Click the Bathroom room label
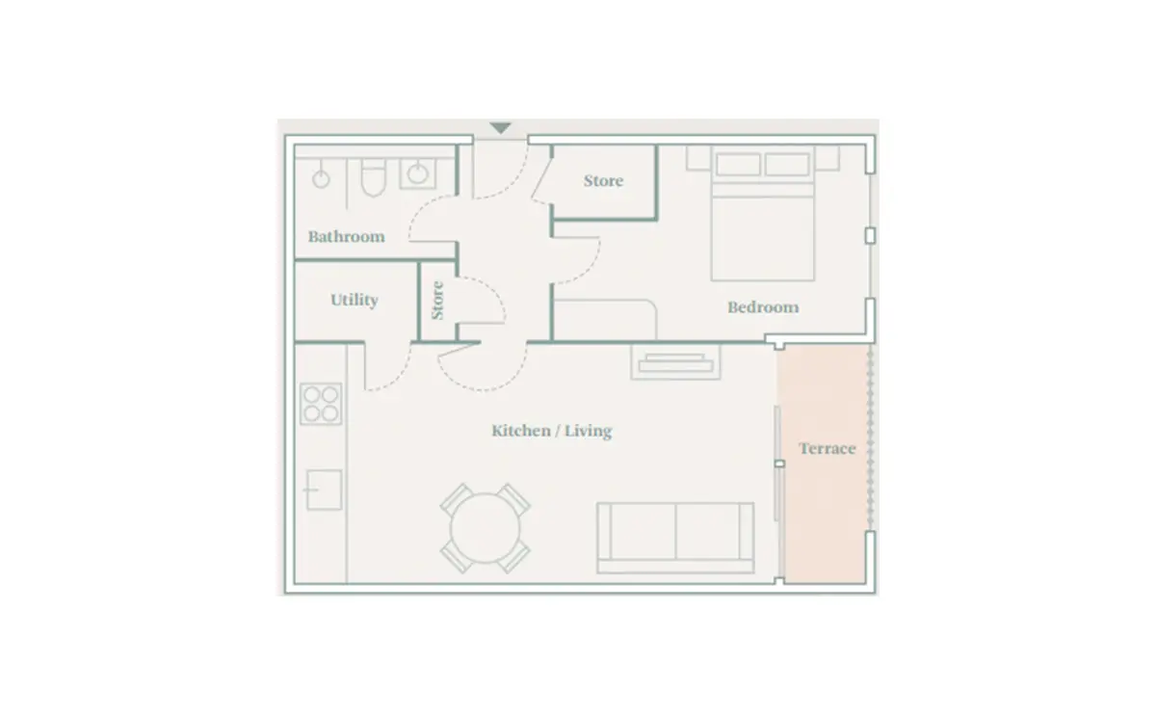coord(346,236)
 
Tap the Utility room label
coord(355,300)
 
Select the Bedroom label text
coord(763,307)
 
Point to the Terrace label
coord(828,449)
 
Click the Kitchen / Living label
coord(552,431)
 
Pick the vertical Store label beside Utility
coord(437,301)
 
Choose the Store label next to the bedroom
coord(603,181)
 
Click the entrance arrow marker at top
coord(500,128)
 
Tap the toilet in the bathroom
coord(374,177)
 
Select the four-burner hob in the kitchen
coord(321,404)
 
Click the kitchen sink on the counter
coord(324,490)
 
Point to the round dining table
coord(485,528)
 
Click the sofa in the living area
coord(675,538)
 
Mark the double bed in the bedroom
coord(763,213)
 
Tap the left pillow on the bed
coord(738,165)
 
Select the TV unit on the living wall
coord(675,362)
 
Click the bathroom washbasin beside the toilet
coord(417,173)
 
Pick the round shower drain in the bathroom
coord(321,179)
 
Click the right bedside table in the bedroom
coord(827,158)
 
